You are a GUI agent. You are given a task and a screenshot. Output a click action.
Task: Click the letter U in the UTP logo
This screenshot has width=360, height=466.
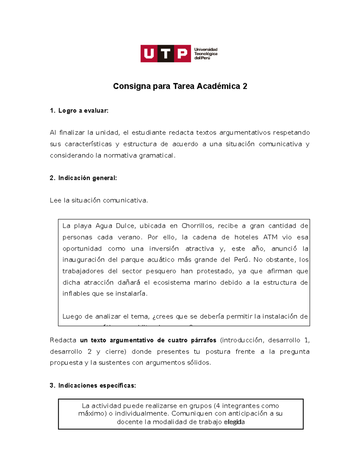[149, 54]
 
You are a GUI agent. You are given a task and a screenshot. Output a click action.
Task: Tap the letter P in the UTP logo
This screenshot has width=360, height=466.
[182, 54]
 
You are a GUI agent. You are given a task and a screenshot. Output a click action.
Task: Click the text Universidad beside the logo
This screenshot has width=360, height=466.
[206, 50]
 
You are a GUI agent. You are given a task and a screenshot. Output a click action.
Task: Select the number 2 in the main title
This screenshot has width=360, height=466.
[245, 86]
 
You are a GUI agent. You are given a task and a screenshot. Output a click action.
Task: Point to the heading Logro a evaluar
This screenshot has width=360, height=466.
[83, 111]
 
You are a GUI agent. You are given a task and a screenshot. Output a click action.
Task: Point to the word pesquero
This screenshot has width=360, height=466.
[161, 271]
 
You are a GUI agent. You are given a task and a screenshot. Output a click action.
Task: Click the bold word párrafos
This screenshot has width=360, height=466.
[203, 340]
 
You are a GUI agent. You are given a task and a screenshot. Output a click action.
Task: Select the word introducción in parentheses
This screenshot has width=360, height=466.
[243, 340]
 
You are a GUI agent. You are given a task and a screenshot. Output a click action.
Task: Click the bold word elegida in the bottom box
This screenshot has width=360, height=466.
[234, 422]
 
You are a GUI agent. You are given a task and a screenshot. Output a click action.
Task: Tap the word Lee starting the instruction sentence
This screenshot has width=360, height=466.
[55, 200]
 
